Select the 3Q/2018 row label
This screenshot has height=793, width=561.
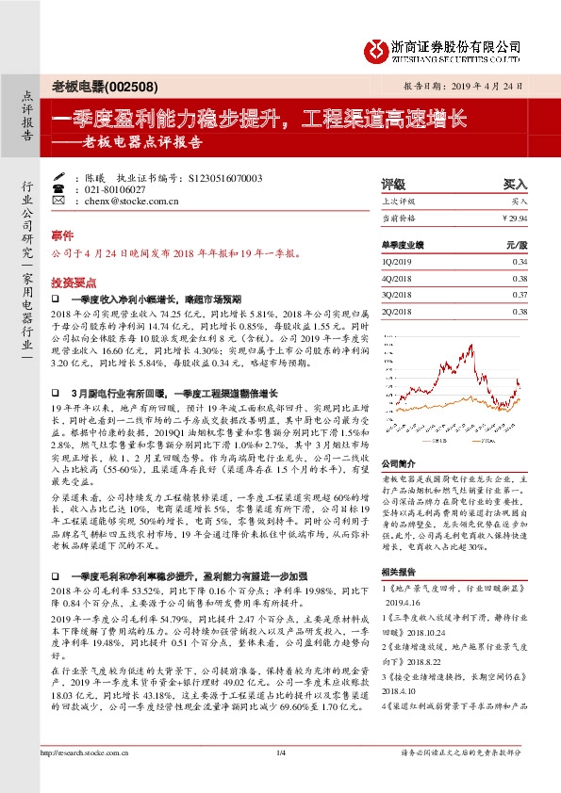tap(397, 295)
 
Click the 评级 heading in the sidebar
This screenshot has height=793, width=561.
tap(392, 185)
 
